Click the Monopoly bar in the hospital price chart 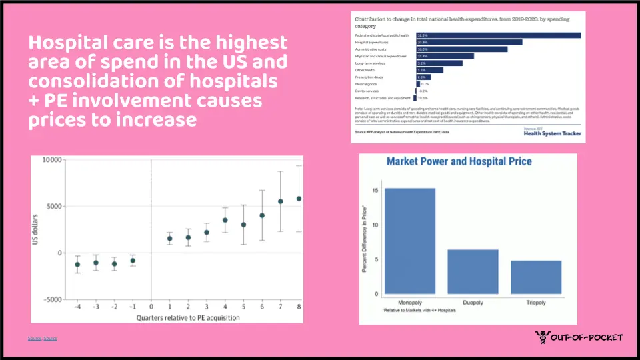tap(410, 241)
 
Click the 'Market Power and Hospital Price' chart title tap(459, 161)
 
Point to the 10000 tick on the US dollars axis tap(51, 160)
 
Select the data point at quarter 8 tap(299, 199)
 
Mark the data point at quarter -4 tap(77, 265)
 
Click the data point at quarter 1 tap(169, 239)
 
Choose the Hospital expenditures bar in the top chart tap(469, 42)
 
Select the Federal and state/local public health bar tap(499, 35)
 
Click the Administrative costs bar tap(462, 49)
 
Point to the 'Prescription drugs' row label tap(369, 77)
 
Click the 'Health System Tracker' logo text tap(552, 133)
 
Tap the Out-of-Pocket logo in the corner tap(579, 337)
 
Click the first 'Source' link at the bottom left tap(34, 339)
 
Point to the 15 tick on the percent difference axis tap(376, 191)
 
